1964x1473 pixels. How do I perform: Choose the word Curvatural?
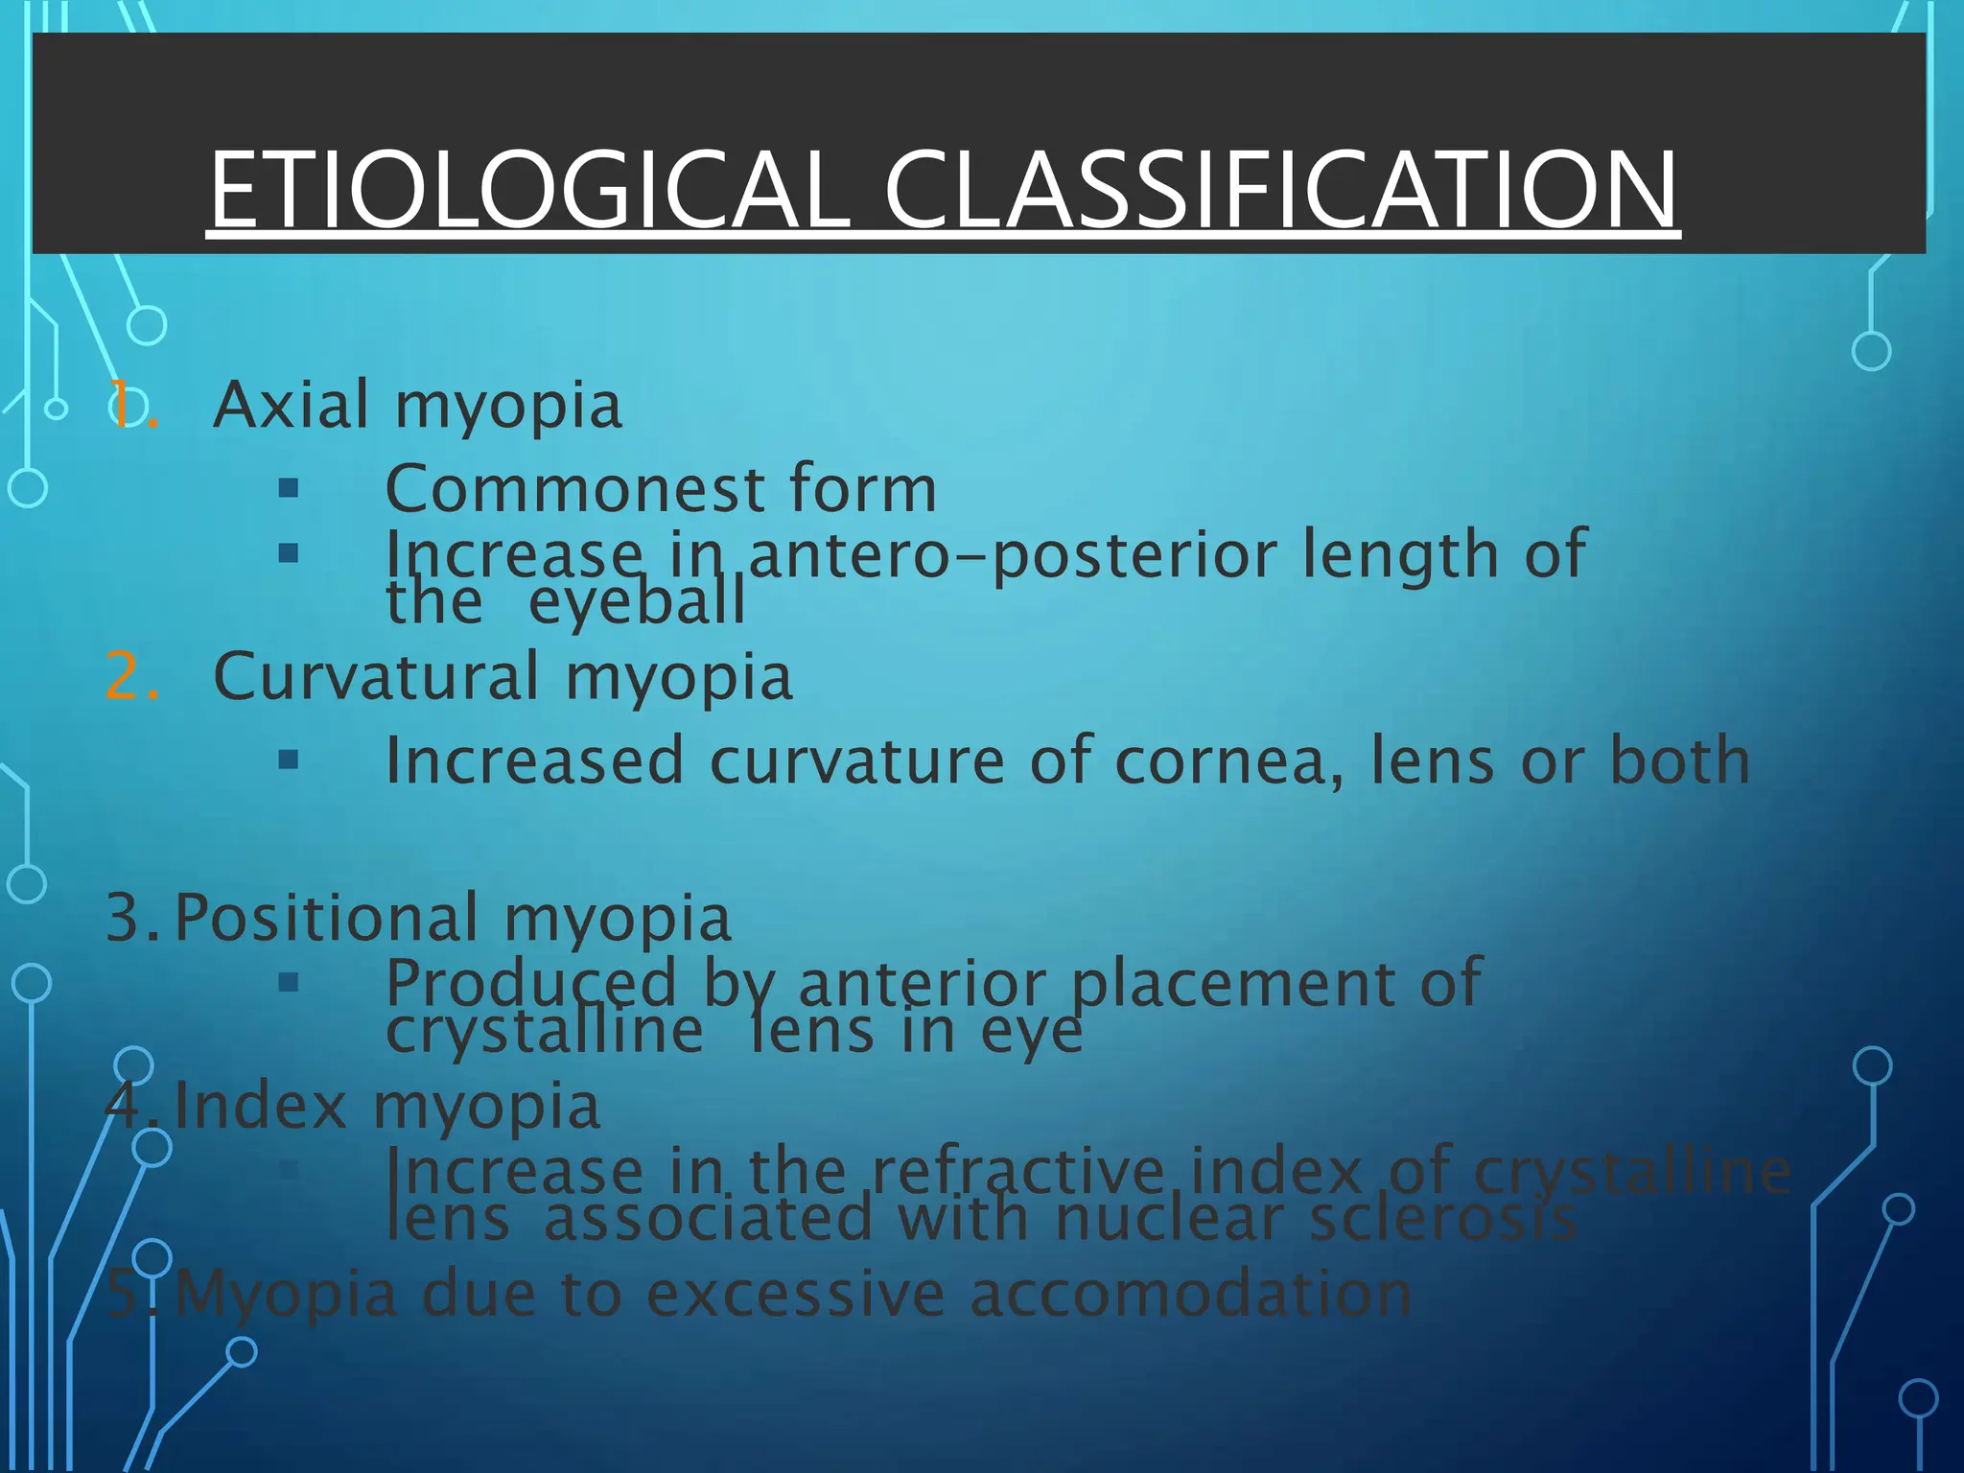coord(376,676)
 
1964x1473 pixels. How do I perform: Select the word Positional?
coord(326,918)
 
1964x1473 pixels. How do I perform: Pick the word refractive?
coord(1017,1172)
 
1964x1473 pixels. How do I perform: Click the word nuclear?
coord(1169,1219)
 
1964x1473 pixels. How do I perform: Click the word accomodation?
coord(1190,1294)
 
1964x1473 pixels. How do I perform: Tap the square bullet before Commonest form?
coord(288,489)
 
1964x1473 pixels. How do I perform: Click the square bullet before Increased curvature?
coord(288,760)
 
